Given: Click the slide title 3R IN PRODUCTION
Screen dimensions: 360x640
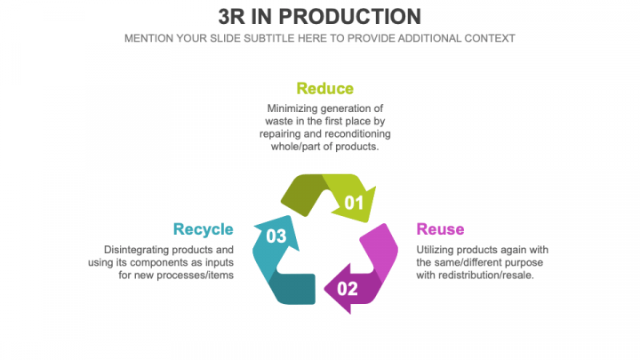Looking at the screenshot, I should coord(320,17).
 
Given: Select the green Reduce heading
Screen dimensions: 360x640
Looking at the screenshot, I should coord(324,88).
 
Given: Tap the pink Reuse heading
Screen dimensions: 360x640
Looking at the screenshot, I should coord(440,229).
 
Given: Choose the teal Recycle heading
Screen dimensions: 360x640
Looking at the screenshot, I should coord(204,229).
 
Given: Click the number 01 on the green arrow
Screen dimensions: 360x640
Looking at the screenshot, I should coord(355,203).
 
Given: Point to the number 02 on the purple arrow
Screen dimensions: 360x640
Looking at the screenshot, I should coord(348,288).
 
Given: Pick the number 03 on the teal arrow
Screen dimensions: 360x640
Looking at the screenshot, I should coord(276,236).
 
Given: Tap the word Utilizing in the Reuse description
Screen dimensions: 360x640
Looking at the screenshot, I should coord(438,249).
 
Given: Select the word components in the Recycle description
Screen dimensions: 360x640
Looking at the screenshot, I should coord(165,262).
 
